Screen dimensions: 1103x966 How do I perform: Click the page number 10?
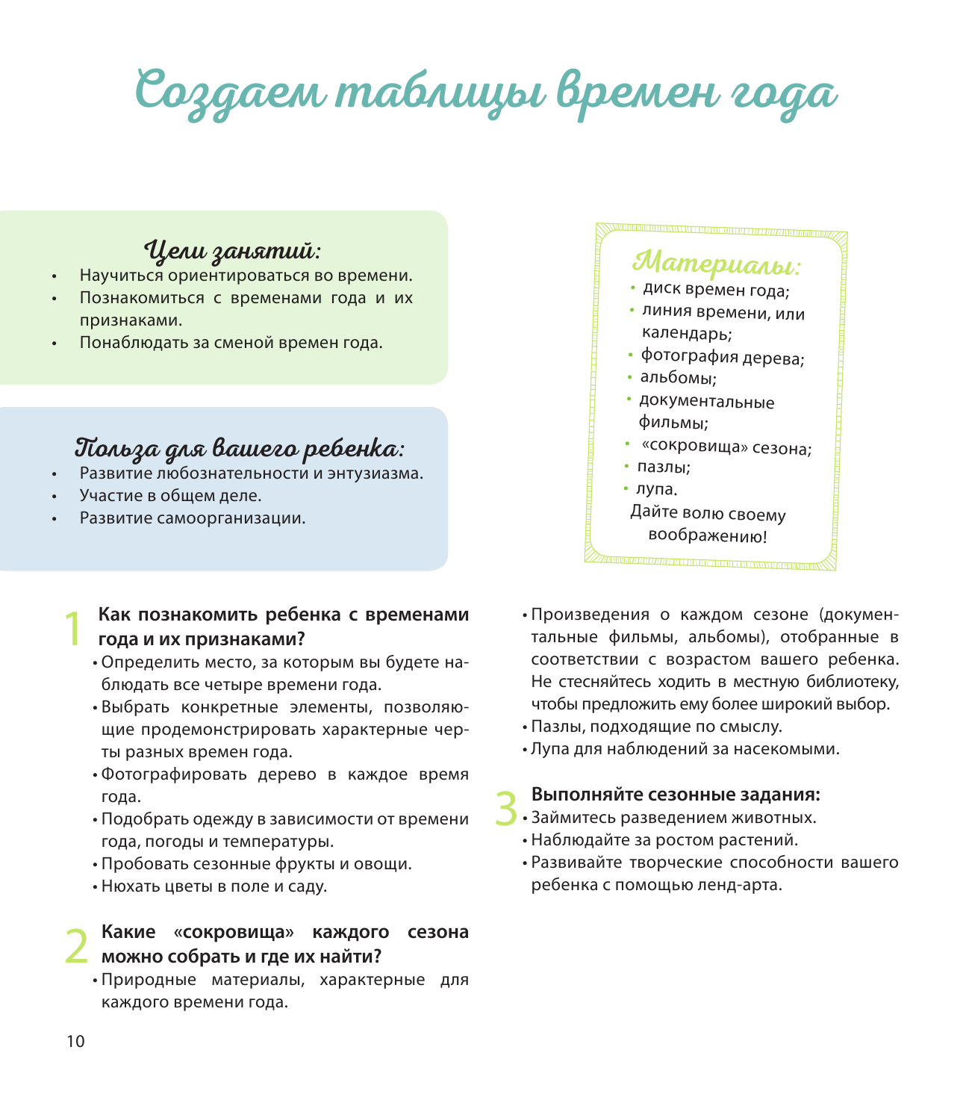coord(75,1042)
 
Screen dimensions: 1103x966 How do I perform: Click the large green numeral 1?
coord(72,630)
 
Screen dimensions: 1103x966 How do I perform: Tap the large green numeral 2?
coord(77,945)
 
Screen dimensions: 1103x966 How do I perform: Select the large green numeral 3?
coord(507,809)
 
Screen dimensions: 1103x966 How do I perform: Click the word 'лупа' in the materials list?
coord(655,490)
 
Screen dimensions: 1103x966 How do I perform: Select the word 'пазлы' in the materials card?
coord(662,467)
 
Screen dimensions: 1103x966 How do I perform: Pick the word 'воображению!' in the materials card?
coord(707,535)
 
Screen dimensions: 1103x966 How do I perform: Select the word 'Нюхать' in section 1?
coord(127,886)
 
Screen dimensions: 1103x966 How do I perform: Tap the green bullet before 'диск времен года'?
coord(632,287)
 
